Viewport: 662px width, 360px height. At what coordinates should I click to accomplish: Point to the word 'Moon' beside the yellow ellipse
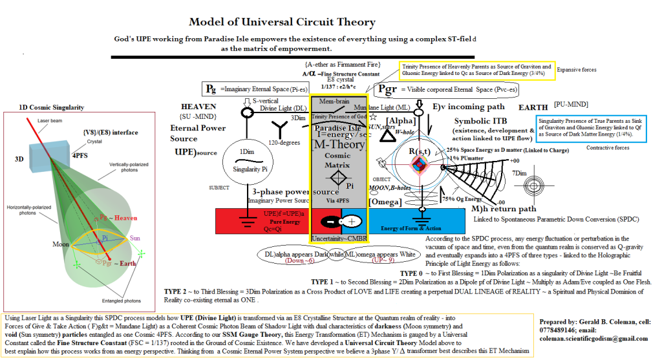(60, 245)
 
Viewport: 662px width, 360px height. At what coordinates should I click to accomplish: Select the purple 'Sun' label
(134, 238)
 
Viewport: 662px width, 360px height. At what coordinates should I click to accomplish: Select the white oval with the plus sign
(352, 221)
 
